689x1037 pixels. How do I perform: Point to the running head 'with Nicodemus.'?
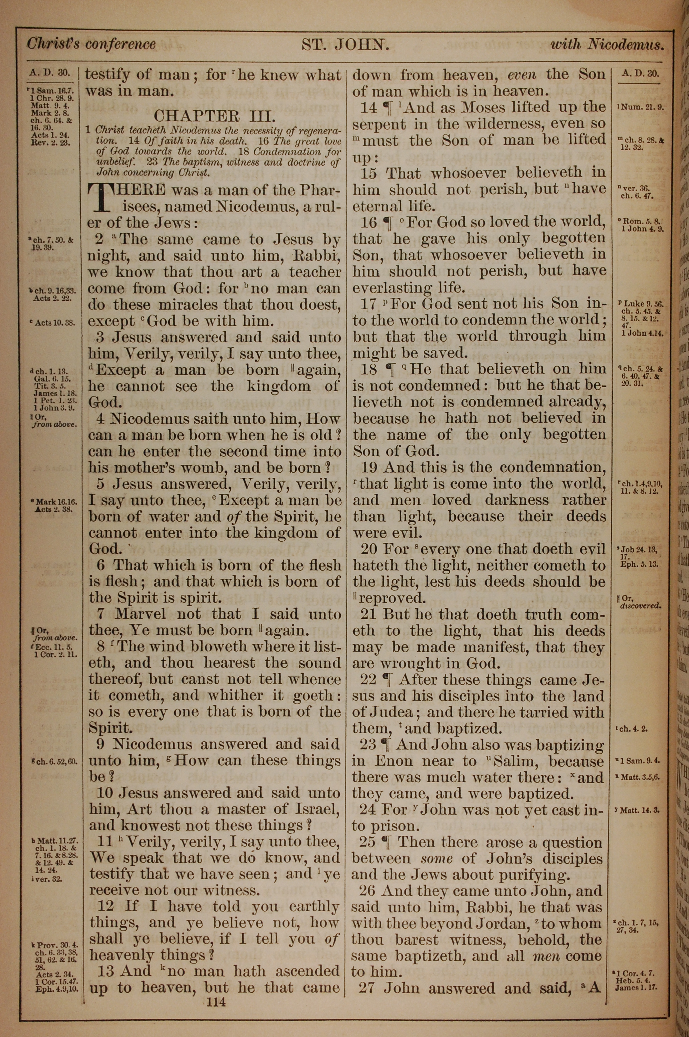tap(607, 45)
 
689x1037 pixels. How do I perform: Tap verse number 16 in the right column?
tap(369, 222)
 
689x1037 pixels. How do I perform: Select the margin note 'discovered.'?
tap(640, 606)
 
